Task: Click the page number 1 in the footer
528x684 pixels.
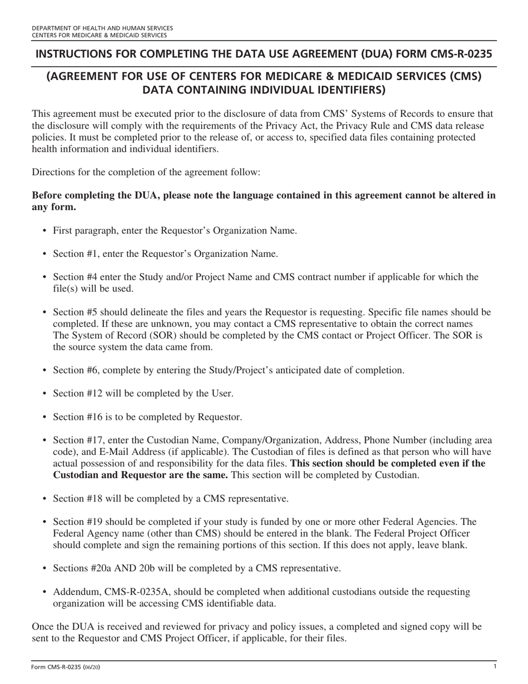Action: pyautogui.click(x=494, y=666)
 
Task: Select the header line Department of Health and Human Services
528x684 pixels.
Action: pyautogui.click(x=102, y=28)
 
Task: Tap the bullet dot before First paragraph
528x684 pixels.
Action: pyautogui.click(x=44, y=231)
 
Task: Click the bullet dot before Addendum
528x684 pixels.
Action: pyautogui.click(x=44, y=592)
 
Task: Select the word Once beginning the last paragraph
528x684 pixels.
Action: pyautogui.click(x=43, y=627)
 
